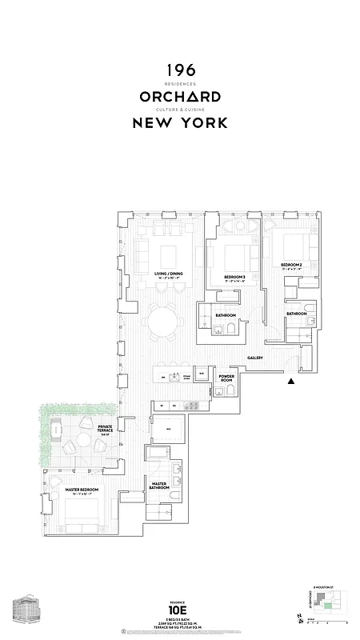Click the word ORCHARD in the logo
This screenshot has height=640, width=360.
coord(180,97)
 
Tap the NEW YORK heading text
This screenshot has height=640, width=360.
coord(180,122)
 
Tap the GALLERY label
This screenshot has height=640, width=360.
coord(255,358)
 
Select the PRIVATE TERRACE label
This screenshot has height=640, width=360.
coord(105,429)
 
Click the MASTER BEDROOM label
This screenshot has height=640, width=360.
coord(70,489)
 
